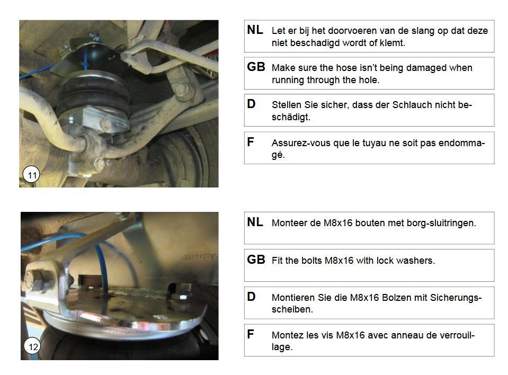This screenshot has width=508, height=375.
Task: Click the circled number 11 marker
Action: (31, 175)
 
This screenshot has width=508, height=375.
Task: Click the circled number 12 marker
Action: (33, 346)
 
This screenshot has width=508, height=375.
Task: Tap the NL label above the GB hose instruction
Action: (255, 30)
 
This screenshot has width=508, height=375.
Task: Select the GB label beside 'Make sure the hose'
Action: (256, 67)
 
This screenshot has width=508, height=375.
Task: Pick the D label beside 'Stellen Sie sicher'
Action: (251, 104)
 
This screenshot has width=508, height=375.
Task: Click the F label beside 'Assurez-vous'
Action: (250, 141)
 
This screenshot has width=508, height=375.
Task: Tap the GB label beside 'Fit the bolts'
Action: (256, 260)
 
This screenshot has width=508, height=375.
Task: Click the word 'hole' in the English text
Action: (369, 80)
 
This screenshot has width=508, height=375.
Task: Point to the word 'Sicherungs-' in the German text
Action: (456, 298)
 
